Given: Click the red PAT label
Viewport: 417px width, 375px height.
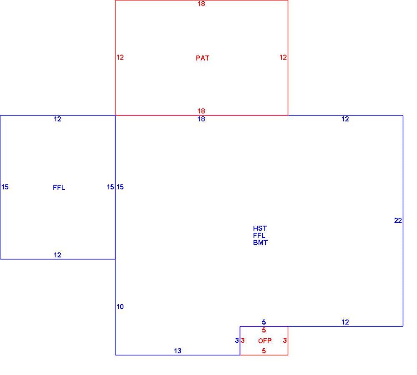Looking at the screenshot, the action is coord(202,58).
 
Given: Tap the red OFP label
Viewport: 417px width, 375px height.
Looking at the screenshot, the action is coord(265,341).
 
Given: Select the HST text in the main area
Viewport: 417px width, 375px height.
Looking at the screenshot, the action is coord(260,228).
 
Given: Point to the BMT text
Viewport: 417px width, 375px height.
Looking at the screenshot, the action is coord(260,242).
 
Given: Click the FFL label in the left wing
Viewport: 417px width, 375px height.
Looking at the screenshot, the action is coord(59,188).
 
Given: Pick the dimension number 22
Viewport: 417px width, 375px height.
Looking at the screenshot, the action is coord(398,220).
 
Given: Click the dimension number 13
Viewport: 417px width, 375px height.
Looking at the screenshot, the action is coord(177,351).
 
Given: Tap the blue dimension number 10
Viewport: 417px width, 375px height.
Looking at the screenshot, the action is coord(120,307).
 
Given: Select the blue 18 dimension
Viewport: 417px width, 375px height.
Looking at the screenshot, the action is coord(201,119).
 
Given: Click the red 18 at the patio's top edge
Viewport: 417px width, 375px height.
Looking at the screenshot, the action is coord(201,4).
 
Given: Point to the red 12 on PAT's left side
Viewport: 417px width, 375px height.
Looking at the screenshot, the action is coord(120,57).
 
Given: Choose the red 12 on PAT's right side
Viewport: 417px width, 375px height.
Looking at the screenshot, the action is coord(283,57).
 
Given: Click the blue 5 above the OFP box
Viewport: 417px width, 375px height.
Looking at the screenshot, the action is coord(264,322).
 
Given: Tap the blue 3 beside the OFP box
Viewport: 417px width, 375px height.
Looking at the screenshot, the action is coord(237,340).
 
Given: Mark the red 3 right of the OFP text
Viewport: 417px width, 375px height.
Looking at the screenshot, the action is coord(285,340).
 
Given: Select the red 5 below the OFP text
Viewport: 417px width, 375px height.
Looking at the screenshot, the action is coord(264,351).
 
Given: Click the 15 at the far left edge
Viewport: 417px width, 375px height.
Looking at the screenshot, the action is coord(5,187).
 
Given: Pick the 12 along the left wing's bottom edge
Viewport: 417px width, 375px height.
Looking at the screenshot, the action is coord(58,255).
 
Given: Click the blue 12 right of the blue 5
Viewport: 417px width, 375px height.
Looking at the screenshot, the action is coord(345,322).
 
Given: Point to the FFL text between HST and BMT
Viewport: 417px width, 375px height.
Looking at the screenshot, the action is coord(259,235).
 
